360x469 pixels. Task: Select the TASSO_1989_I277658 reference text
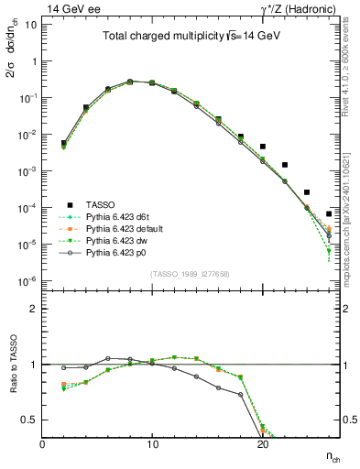click(190, 274)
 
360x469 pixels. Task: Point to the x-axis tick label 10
click(152, 444)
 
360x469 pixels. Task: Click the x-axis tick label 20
click(262, 444)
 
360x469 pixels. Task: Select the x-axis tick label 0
click(42, 444)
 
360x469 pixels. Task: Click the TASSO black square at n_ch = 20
click(262, 147)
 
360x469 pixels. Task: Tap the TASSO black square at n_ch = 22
click(284, 165)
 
